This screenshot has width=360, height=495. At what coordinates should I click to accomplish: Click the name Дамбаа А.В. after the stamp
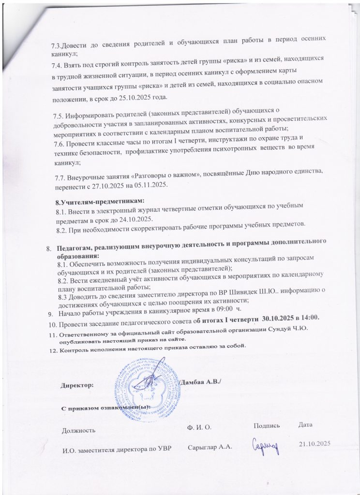click(199, 382)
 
